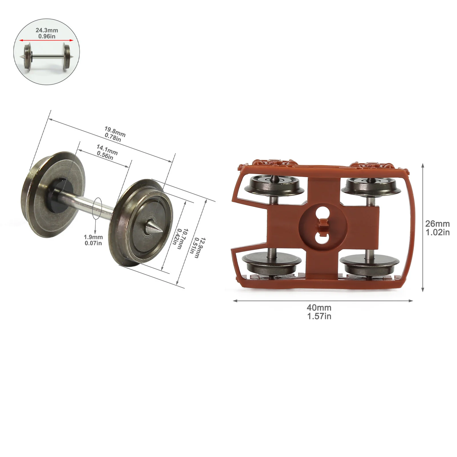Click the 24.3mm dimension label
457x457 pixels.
47,30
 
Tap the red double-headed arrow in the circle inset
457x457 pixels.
47,40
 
